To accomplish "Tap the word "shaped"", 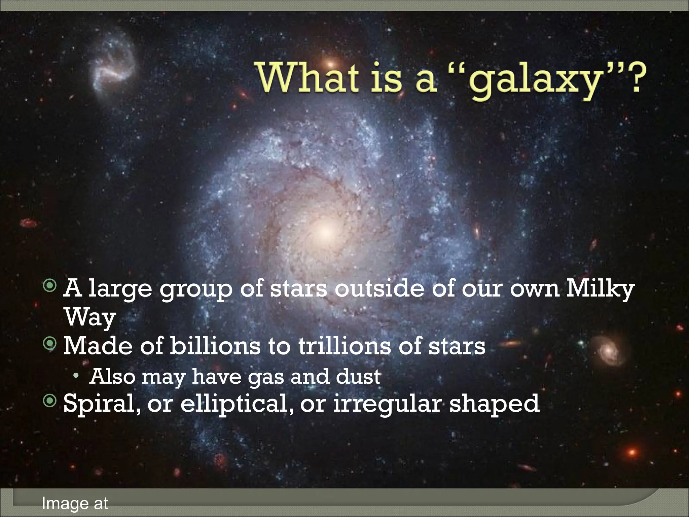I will pyautogui.click(x=495, y=404).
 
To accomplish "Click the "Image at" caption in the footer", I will pyautogui.click(x=75, y=504).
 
